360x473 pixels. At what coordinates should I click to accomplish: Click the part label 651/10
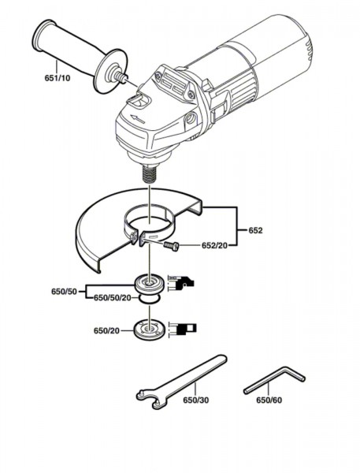pyautogui.click(x=58, y=78)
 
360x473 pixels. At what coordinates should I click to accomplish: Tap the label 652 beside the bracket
pyautogui.click(x=255, y=230)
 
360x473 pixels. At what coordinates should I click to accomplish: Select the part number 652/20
pyautogui.click(x=214, y=245)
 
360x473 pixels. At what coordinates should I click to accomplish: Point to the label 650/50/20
pyautogui.click(x=113, y=298)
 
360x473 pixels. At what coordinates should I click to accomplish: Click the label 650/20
pyautogui.click(x=106, y=331)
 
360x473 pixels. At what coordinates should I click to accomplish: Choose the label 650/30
pyautogui.click(x=196, y=400)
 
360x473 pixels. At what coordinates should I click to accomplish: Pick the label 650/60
pyautogui.click(x=269, y=400)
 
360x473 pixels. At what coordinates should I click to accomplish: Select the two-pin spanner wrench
pyautogui.click(x=181, y=382)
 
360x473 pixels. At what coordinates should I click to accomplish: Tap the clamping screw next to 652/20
pyautogui.click(x=171, y=245)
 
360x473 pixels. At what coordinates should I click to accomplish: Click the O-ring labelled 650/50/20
pyautogui.click(x=149, y=299)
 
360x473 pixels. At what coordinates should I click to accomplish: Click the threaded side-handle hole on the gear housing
pyautogui.click(x=191, y=118)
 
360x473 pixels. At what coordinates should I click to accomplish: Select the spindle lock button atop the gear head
pyautogui.click(x=139, y=102)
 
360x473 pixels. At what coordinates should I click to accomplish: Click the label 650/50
pyautogui.click(x=65, y=292)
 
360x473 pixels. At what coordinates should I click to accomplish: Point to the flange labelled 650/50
pyautogui.click(x=150, y=284)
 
